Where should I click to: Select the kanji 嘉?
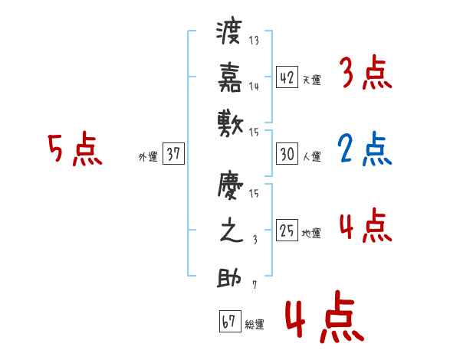coord(230,77)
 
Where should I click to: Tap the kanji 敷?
coord(230,122)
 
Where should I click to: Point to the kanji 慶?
coord(230,188)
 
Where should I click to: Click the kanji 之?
coord(230,232)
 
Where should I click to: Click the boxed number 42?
coord(287,77)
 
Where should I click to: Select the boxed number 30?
coord(287,154)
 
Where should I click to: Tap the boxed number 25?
coord(287,231)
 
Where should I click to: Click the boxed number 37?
coord(173,154)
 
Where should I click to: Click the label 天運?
coord(311,80)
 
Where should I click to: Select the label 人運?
coord(311,157)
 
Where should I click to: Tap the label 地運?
coord(311,234)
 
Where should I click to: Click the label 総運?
coord(255,324)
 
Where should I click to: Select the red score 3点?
coord(365,74)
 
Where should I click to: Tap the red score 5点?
coord(75,150)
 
